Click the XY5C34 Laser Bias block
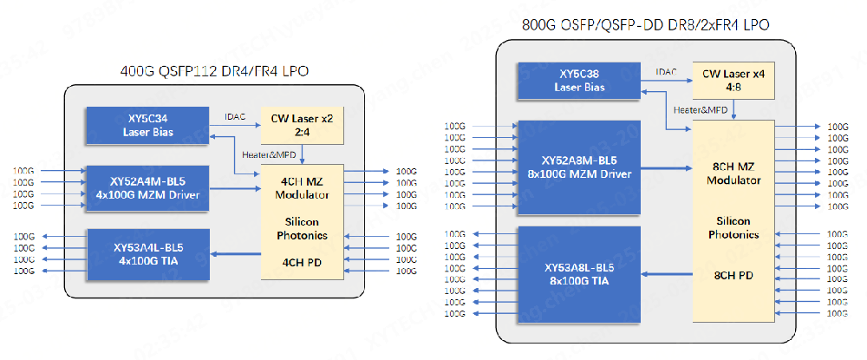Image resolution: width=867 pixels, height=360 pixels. [147, 126]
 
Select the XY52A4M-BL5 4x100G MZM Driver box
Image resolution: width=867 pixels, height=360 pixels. [147, 187]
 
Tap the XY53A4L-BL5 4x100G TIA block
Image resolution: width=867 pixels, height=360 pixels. [147, 254]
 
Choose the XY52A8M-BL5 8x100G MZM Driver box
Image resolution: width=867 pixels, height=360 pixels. [578, 167]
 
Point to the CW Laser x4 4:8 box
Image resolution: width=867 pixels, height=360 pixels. [733, 81]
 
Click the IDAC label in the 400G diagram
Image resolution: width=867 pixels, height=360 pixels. [235, 116]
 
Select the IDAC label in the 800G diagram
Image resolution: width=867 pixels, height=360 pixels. [667, 71]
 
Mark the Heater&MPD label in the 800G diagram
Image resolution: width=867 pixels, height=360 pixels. [701, 109]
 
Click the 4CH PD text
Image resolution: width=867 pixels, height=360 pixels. [303, 260]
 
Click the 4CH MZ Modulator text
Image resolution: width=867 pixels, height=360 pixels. [303, 187]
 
